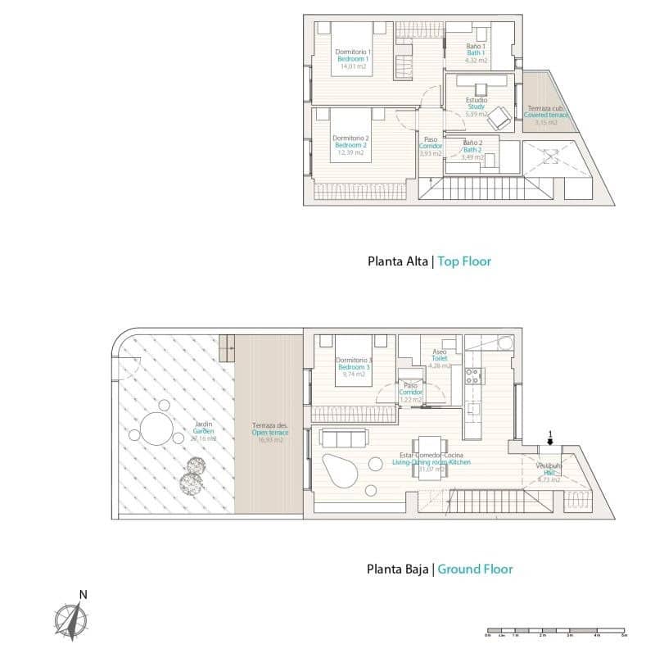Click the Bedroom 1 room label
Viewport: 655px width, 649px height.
[x=353, y=59]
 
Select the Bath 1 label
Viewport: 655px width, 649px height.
[x=476, y=53]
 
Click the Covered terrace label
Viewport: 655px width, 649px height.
[x=546, y=116]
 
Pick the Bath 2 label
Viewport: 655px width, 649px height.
[x=472, y=150]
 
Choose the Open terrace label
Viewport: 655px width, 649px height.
[x=268, y=433]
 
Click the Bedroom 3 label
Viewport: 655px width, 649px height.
[x=355, y=367]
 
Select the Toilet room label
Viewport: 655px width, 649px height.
[x=440, y=358]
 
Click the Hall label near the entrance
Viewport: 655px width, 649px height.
[x=549, y=472]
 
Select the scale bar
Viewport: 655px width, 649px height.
[x=555, y=633]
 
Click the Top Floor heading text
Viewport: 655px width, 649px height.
[x=464, y=262]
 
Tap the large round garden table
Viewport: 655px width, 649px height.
[x=156, y=428]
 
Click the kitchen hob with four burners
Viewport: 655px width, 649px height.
[x=474, y=376]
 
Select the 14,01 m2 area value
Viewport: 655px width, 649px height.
[x=353, y=68]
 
